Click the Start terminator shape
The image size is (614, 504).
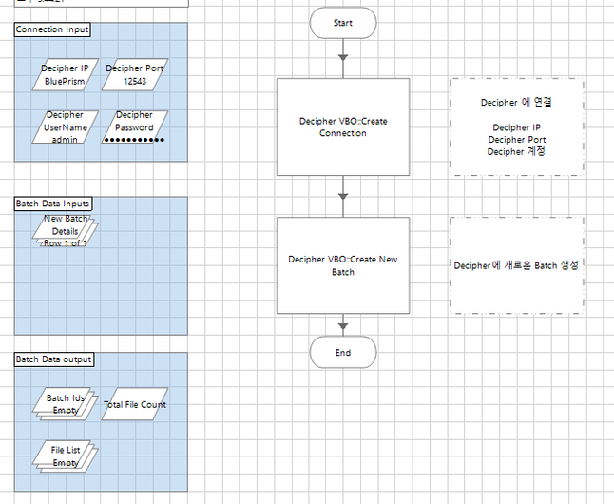pos(343,22)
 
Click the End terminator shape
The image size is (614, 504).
pos(343,352)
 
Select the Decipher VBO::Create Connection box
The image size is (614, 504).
pos(343,126)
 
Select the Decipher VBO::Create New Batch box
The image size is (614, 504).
pos(343,265)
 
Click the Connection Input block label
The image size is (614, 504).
pos(53,29)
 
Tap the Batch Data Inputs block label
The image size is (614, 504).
pos(53,204)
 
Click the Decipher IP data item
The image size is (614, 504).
pos(66,75)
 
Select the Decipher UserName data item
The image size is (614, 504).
pos(66,127)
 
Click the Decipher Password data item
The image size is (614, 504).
pos(134,127)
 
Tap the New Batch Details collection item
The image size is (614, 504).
pos(66,231)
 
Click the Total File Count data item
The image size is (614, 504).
pos(134,404)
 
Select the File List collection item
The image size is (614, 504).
pos(66,456)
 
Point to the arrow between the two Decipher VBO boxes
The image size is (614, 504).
pos(343,196)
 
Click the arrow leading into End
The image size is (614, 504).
pos(343,325)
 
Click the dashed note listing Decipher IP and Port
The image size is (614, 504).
pos(516,126)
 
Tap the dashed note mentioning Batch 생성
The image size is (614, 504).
pos(516,265)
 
